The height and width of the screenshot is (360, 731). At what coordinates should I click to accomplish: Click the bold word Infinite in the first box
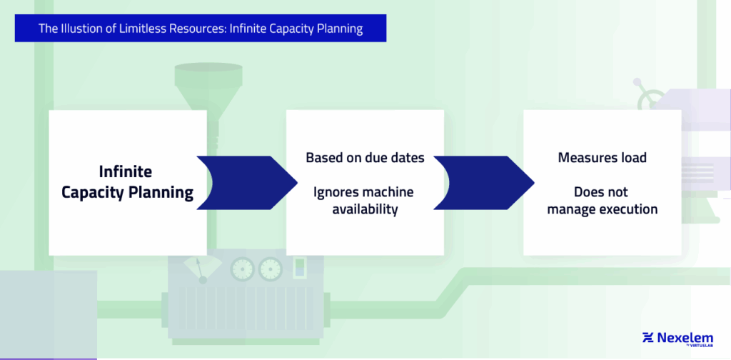(125, 172)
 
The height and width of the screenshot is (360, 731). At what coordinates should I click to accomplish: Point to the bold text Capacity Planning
(127, 192)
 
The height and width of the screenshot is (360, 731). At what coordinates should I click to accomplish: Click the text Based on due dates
(365, 157)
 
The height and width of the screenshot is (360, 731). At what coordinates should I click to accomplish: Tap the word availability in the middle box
(365, 209)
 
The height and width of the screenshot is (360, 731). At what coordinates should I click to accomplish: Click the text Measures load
(602, 157)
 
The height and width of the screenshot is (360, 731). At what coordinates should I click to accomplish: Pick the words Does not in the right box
(602, 192)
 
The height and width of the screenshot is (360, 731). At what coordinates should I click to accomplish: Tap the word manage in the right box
(570, 209)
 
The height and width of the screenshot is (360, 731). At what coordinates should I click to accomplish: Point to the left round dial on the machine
(241, 269)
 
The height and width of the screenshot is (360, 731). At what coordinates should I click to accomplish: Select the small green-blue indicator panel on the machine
(301, 269)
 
